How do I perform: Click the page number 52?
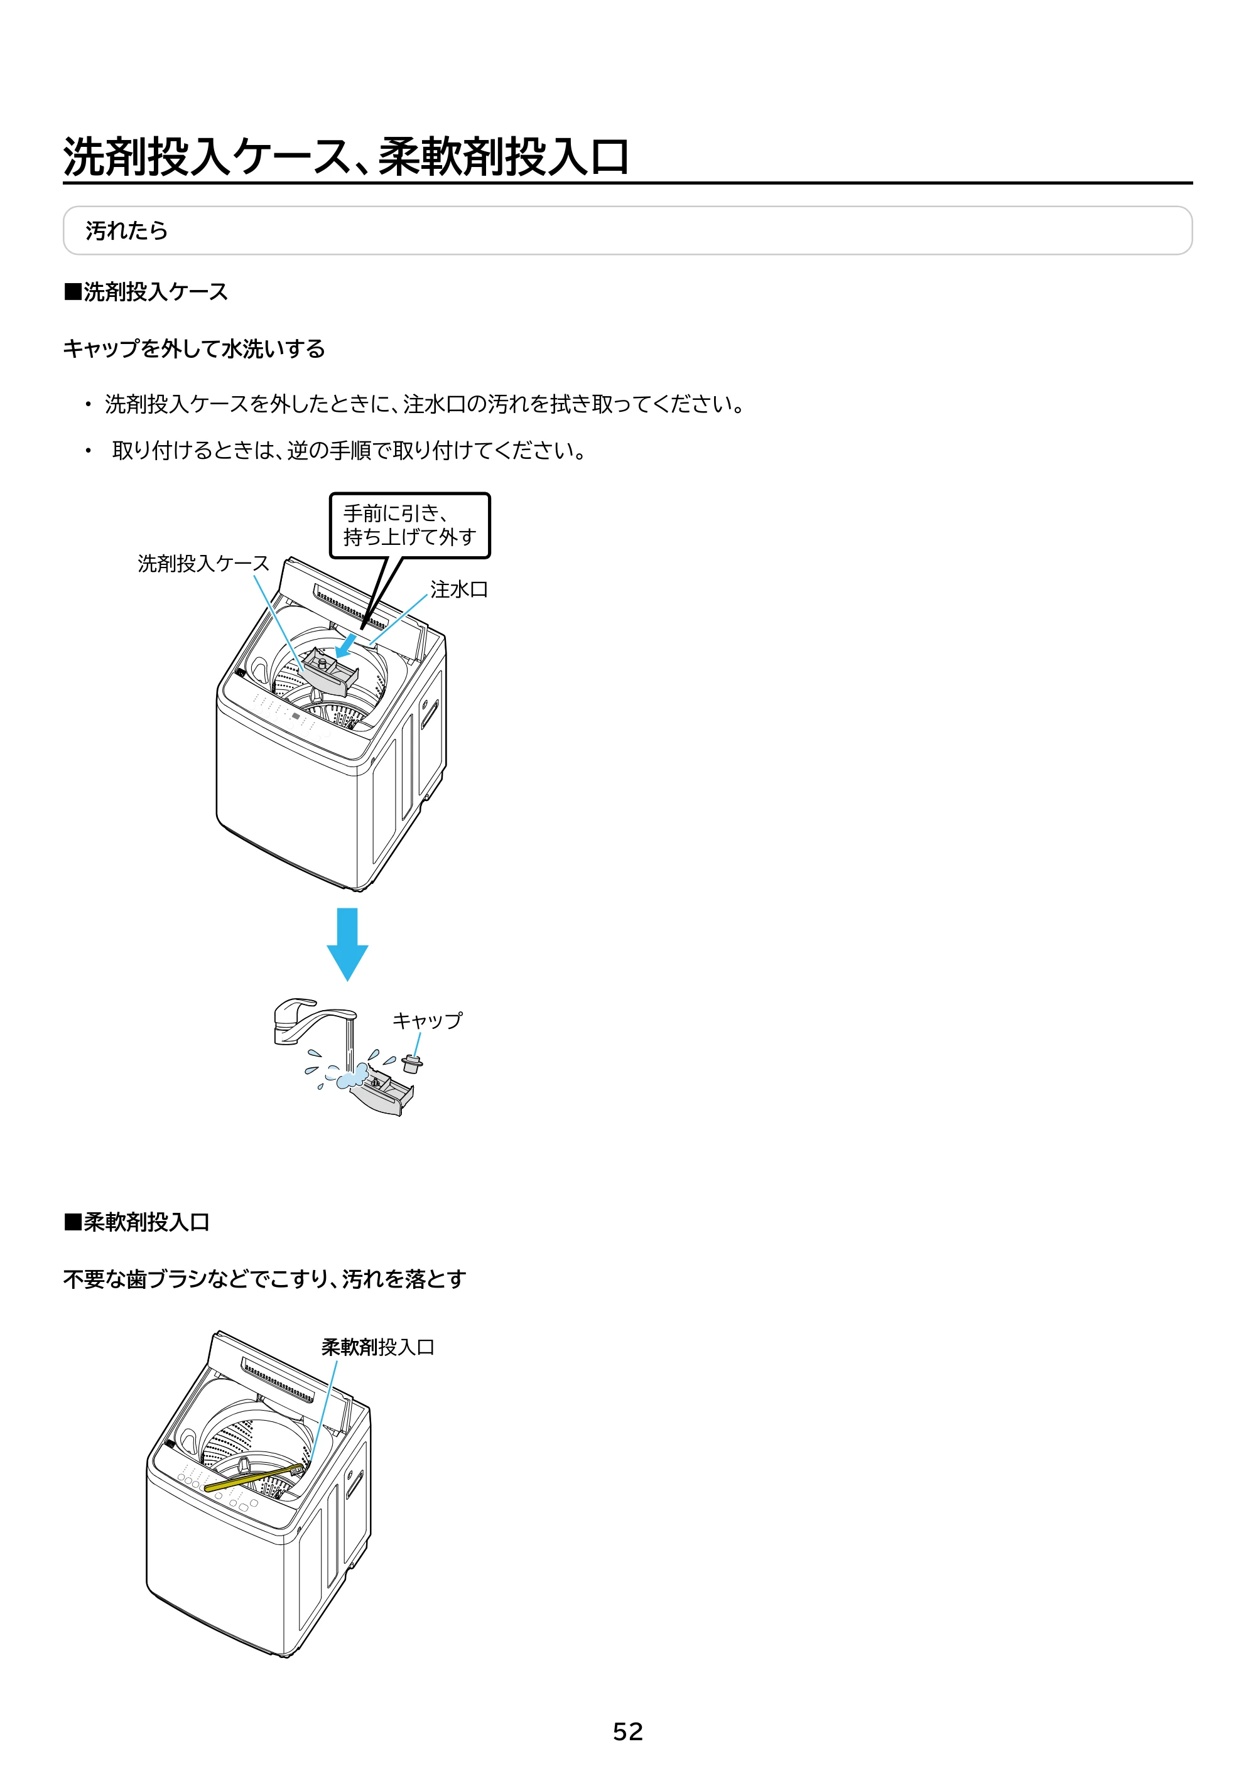click(x=627, y=1731)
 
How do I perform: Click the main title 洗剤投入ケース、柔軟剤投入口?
click(x=345, y=156)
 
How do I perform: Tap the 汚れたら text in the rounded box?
click(x=126, y=230)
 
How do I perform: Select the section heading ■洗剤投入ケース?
click(x=146, y=292)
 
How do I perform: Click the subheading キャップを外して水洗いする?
click(x=194, y=349)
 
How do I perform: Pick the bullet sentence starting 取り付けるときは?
click(x=349, y=450)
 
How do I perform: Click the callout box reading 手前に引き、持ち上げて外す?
click(x=410, y=525)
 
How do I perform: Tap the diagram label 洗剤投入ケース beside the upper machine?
click(x=203, y=563)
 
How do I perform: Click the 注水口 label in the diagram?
click(x=459, y=589)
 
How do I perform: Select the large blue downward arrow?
click(x=347, y=944)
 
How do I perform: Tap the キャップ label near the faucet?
click(x=427, y=1020)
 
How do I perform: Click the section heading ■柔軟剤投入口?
click(x=137, y=1222)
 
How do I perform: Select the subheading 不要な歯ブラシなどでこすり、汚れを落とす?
click(x=264, y=1279)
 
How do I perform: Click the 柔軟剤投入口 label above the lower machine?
click(x=377, y=1347)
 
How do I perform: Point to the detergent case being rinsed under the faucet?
click(x=381, y=1092)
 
